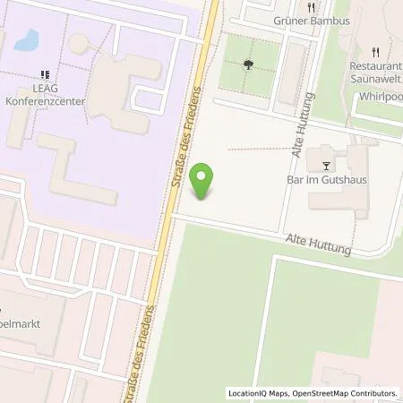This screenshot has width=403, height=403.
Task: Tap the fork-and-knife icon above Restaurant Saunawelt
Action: coord(376,51)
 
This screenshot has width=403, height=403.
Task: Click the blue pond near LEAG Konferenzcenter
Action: coord(27,39)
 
